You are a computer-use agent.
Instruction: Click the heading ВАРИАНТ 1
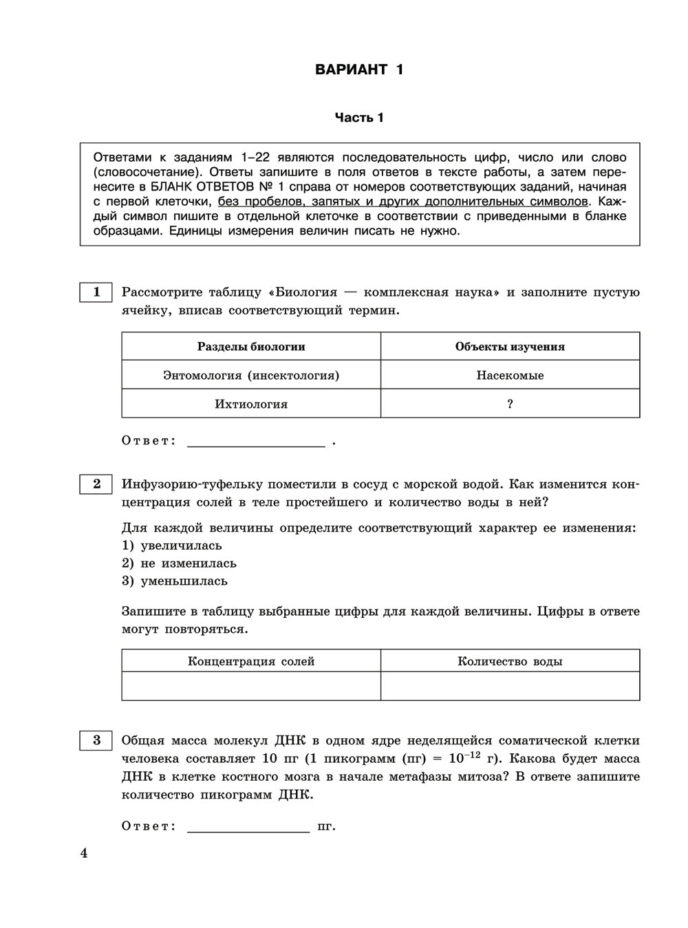[x=359, y=69]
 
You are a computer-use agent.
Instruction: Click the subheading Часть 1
[x=359, y=118]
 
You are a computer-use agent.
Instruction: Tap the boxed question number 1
[x=96, y=292]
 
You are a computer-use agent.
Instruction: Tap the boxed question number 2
[x=96, y=484]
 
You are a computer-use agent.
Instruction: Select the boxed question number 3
[x=96, y=740]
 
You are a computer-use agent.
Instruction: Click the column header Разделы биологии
[x=251, y=347]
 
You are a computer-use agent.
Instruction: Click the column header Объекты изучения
[x=510, y=347]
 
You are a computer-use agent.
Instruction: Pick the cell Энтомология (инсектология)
[x=251, y=375]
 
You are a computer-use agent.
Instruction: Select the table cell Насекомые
[x=510, y=375]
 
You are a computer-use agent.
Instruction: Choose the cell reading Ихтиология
[x=251, y=404]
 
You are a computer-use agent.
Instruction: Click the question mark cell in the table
[x=510, y=404]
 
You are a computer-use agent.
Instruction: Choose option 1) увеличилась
[x=172, y=546]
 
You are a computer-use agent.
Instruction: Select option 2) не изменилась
[x=179, y=563]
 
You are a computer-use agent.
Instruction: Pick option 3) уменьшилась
[x=175, y=581]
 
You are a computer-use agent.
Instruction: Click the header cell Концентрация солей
[x=251, y=661]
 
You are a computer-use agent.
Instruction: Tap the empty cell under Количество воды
[x=510, y=686]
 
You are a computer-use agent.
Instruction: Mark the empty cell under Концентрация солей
[x=251, y=686]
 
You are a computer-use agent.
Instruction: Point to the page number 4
[x=85, y=854]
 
